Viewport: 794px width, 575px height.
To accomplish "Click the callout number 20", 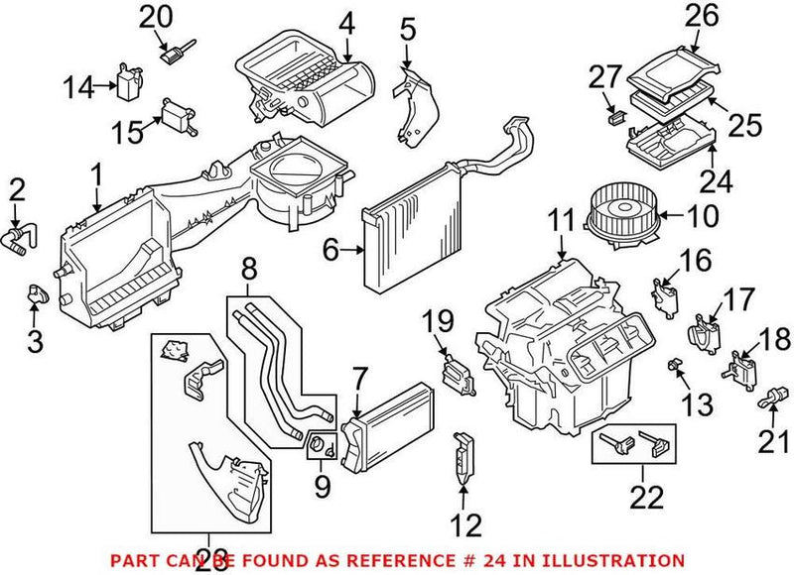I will coord(155,17).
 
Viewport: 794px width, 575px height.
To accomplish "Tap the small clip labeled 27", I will coord(613,117).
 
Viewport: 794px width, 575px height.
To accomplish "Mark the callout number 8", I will coord(248,267).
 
